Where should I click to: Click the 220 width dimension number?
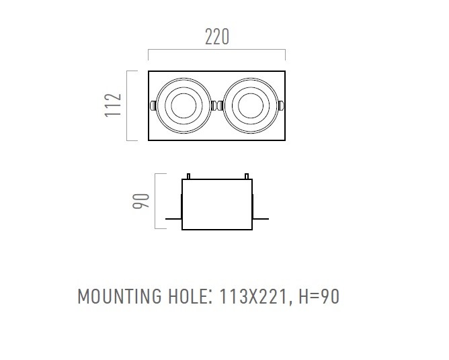click(x=217, y=37)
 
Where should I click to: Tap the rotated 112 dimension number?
click(x=113, y=105)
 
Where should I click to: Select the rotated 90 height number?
click(x=141, y=201)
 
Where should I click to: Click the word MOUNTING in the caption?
click(x=120, y=296)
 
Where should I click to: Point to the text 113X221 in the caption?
click(x=253, y=296)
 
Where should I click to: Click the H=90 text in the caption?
click(x=319, y=296)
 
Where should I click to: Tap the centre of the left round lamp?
click(x=183, y=105)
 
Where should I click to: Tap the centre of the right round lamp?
click(x=251, y=105)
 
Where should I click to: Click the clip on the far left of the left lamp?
click(x=153, y=105)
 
